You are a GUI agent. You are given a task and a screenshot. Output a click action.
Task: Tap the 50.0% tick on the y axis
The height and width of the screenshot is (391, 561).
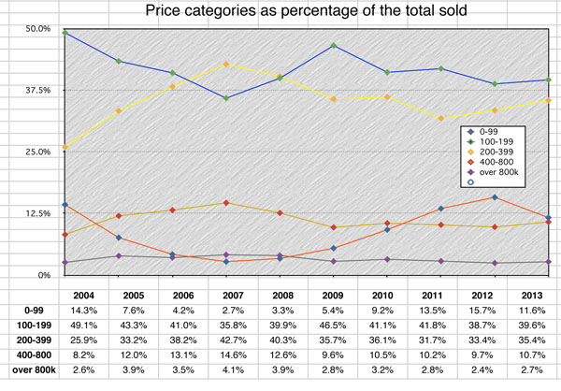36,29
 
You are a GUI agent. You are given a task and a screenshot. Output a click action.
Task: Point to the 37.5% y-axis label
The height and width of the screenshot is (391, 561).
36,91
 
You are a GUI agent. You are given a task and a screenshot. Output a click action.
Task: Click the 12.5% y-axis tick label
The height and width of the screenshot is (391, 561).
36,213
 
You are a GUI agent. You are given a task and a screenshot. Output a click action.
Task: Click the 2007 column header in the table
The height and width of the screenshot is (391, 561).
228,292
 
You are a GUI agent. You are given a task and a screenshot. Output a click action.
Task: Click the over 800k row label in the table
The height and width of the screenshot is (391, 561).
29,372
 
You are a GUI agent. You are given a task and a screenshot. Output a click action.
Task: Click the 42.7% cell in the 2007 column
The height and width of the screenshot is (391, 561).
228,340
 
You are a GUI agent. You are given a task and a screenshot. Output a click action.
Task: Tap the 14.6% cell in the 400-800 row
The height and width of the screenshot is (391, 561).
228,356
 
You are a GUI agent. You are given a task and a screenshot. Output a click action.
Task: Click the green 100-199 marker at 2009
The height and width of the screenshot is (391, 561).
334,45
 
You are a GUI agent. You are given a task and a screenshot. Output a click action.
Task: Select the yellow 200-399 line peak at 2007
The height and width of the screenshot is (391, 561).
226,64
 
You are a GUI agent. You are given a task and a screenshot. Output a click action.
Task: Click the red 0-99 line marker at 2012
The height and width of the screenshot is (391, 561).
495,197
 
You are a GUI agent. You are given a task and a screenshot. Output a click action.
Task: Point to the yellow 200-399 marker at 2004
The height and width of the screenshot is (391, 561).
65,147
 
